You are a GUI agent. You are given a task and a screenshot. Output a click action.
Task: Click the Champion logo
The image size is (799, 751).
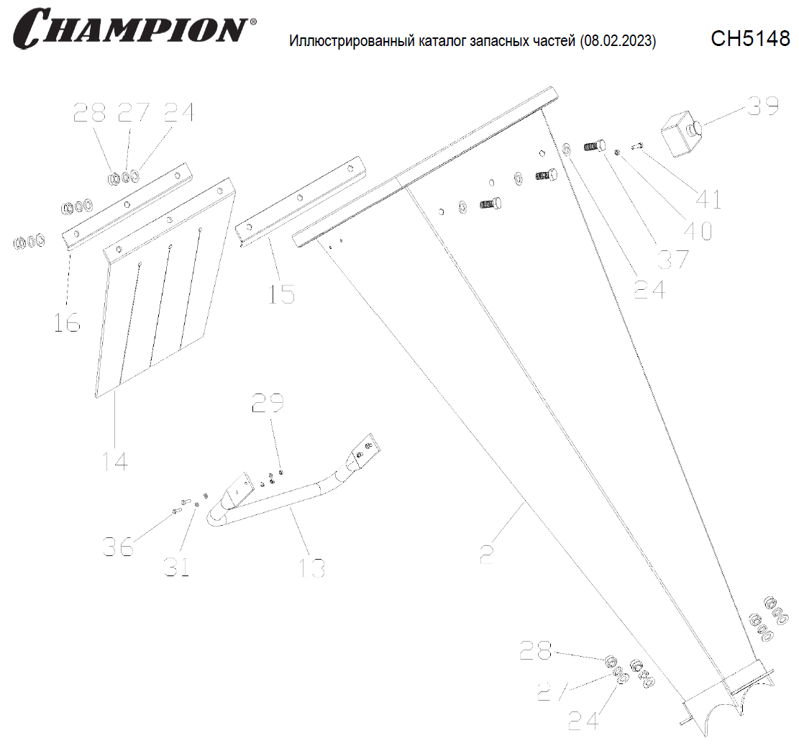pyautogui.click(x=134, y=29)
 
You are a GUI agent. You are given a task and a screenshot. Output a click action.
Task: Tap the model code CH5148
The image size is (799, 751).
pyautogui.click(x=750, y=38)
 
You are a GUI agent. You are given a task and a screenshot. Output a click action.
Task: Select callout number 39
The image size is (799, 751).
pyautogui.click(x=763, y=106)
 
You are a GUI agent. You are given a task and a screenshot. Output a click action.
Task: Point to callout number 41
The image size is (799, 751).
pyautogui.click(x=708, y=199)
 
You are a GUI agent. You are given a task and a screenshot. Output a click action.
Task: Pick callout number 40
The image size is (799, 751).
pyautogui.click(x=698, y=231)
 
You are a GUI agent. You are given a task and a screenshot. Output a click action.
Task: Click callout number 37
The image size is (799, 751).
pyautogui.click(x=672, y=260)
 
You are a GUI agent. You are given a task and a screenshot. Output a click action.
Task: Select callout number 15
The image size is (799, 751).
pyautogui.click(x=282, y=294)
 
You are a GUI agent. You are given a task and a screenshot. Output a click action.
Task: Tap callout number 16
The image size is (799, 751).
pyautogui.click(x=68, y=323)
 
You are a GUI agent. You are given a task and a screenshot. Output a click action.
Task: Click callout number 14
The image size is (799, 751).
pyautogui.click(x=115, y=461)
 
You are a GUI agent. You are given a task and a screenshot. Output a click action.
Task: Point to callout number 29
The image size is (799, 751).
pyautogui.click(x=268, y=403)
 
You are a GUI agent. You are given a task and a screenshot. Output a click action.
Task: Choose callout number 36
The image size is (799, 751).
pyautogui.click(x=118, y=546)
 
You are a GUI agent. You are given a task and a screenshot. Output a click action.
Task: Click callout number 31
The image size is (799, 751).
pyautogui.click(x=177, y=566)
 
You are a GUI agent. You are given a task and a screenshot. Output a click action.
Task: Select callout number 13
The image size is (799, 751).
pyautogui.click(x=312, y=568)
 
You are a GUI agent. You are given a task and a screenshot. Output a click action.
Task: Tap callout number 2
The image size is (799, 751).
pyautogui.click(x=487, y=554)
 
